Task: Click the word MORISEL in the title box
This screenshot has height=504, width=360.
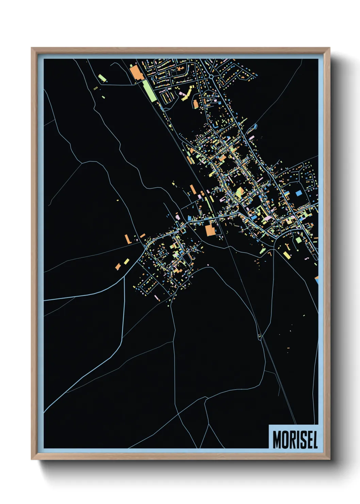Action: point(295,440)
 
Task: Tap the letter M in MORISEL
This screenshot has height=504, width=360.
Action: point(277,440)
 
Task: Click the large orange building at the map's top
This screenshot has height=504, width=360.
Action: point(136,73)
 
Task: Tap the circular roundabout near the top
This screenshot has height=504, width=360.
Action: point(211,77)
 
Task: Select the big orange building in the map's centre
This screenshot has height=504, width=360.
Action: point(210,230)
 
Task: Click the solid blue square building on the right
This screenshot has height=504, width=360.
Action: point(299,193)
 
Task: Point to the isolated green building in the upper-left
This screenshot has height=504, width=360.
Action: point(102,78)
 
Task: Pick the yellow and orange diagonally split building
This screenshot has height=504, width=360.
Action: point(240,193)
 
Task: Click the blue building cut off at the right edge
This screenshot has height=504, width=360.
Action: point(316,280)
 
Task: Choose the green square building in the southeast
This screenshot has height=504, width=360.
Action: point(298,240)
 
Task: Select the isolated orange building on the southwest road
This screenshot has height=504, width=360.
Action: point(118,266)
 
